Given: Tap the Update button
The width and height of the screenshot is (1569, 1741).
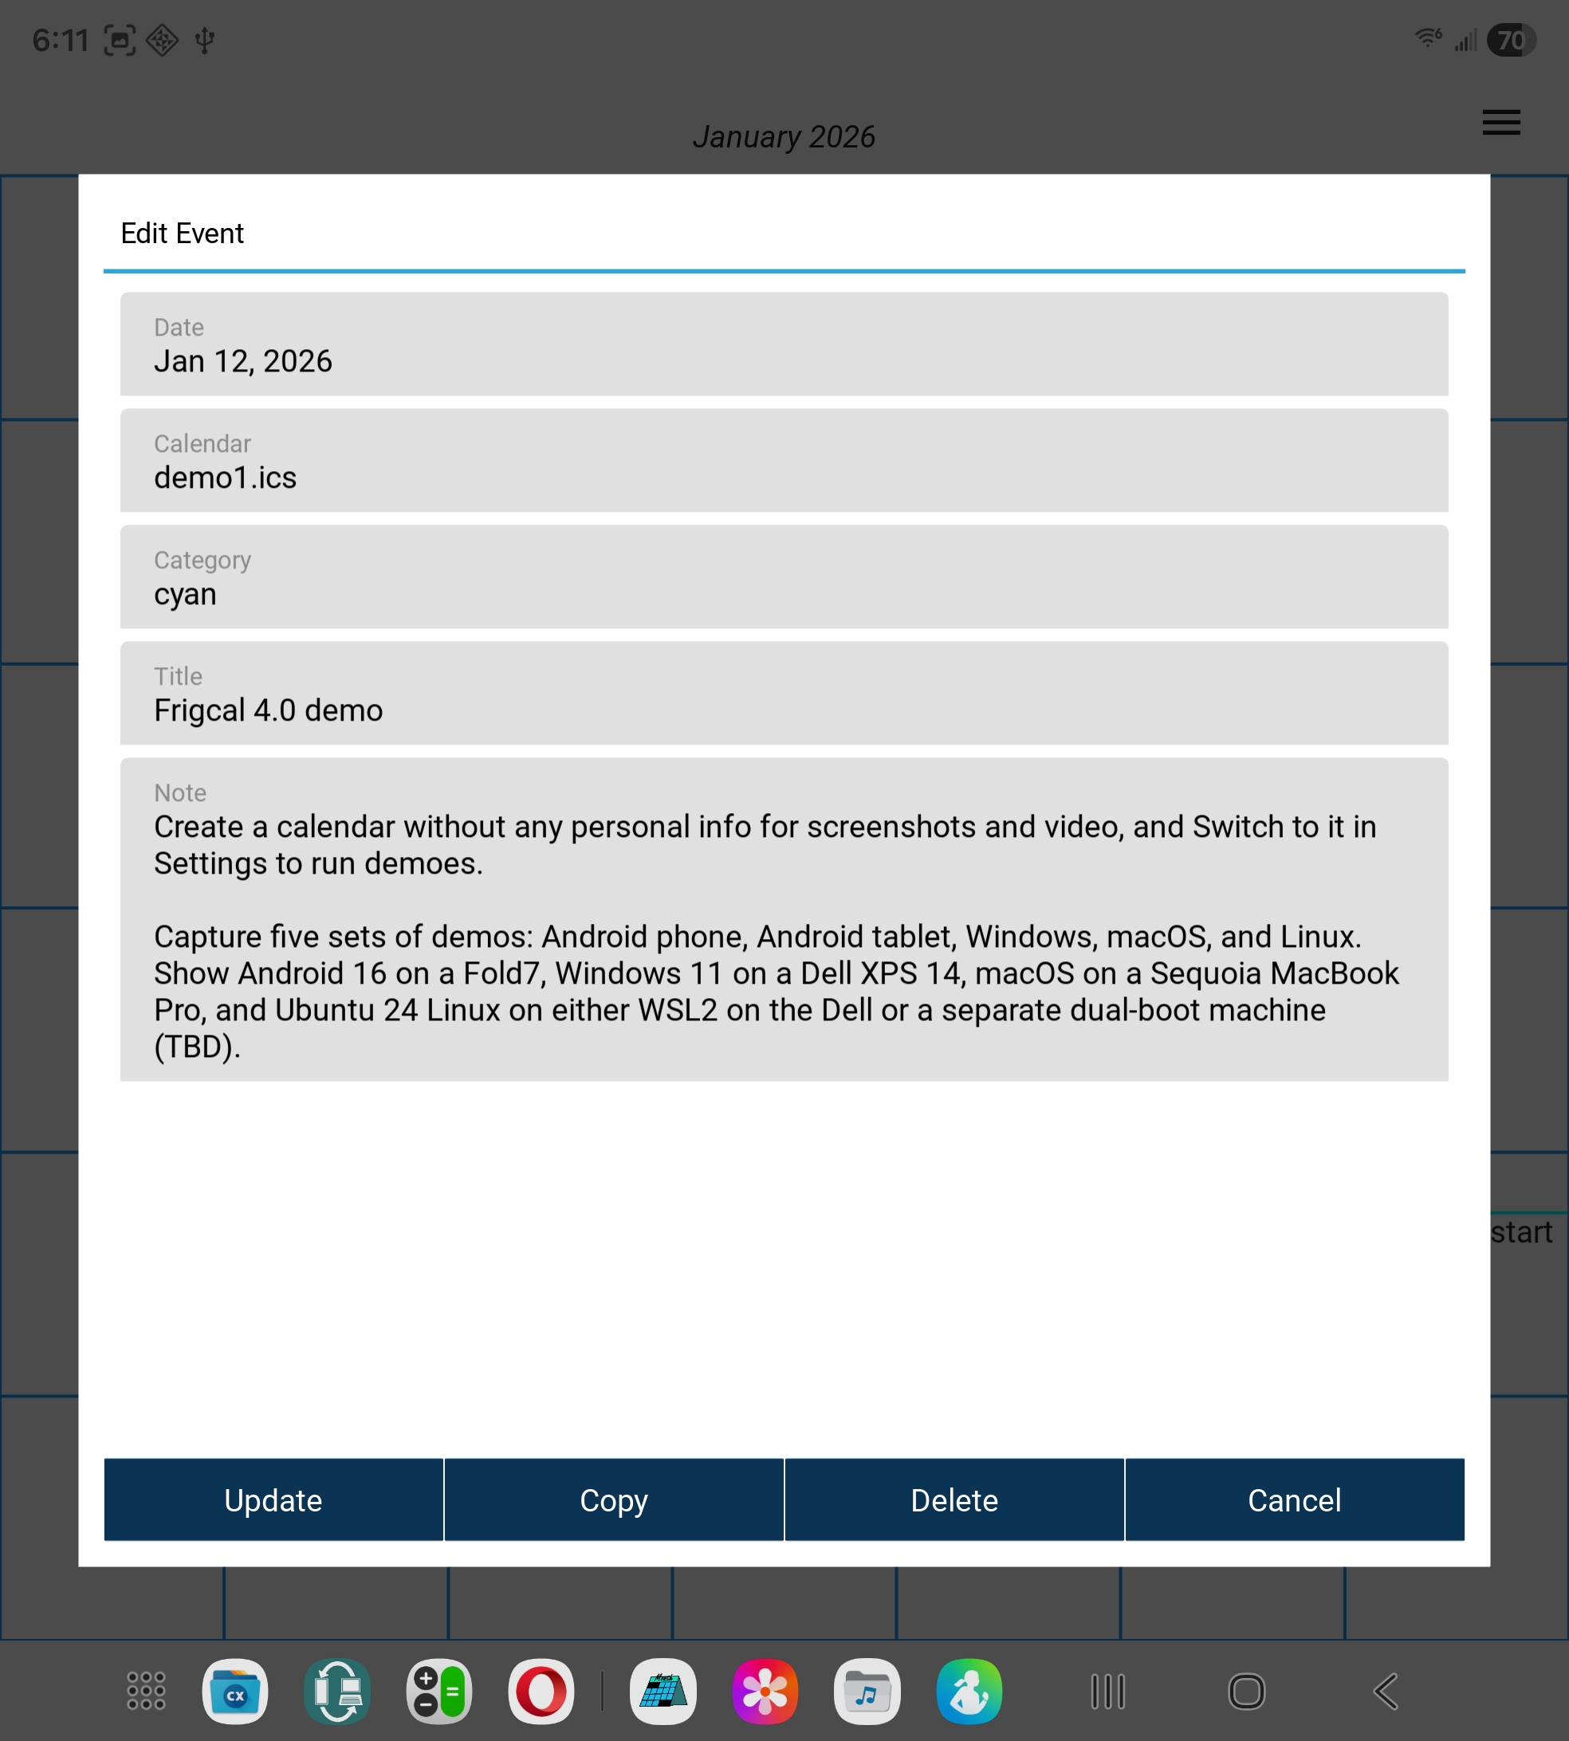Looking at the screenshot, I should (273, 1499).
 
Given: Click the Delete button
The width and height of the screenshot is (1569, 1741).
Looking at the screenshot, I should (954, 1499).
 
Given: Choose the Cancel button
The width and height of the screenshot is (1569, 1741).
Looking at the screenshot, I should (1294, 1499).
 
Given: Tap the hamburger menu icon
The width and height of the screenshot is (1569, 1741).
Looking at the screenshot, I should (1501, 123).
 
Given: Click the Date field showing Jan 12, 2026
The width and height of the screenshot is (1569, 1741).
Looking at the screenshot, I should (784, 344).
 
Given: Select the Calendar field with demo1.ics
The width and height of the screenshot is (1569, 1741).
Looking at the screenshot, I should (784, 461).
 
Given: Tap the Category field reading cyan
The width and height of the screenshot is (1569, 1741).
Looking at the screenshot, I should (784, 577).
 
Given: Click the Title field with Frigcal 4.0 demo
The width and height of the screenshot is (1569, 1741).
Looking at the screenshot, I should (784, 694).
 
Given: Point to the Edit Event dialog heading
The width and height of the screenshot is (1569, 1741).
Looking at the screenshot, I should (182, 234).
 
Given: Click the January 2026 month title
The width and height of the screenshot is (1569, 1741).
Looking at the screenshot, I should (784, 137).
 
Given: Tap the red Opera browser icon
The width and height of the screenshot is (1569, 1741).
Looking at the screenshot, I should (541, 1691).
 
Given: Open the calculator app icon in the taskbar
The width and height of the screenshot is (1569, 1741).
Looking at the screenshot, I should (438, 1691).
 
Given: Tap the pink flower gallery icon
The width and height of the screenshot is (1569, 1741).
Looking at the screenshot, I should (765, 1691).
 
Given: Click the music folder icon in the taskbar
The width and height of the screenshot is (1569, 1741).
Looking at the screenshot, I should (867, 1691).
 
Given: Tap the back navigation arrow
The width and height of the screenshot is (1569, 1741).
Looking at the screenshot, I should (1386, 1691).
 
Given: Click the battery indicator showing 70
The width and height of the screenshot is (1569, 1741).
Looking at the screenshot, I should (1512, 41).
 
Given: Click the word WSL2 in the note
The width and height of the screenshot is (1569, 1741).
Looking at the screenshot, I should (678, 1010).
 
